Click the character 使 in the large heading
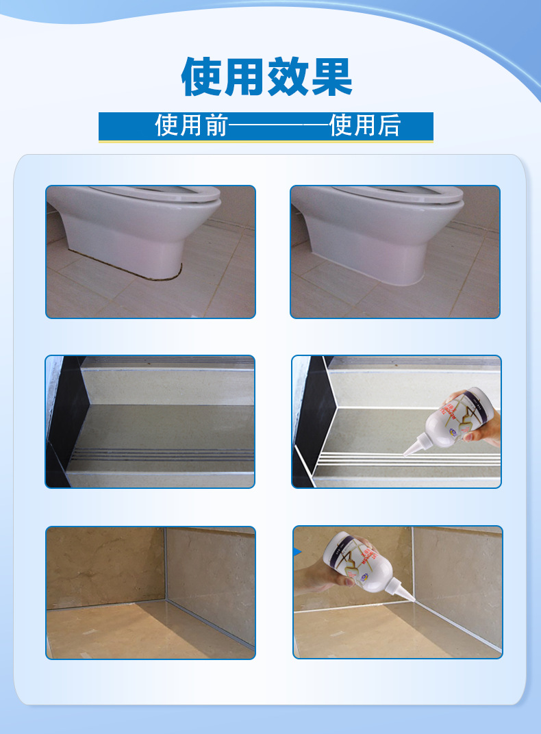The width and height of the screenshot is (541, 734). [202, 76]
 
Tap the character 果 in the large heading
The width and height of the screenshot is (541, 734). [331, 76]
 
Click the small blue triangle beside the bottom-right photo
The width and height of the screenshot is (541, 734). [297, 552]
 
